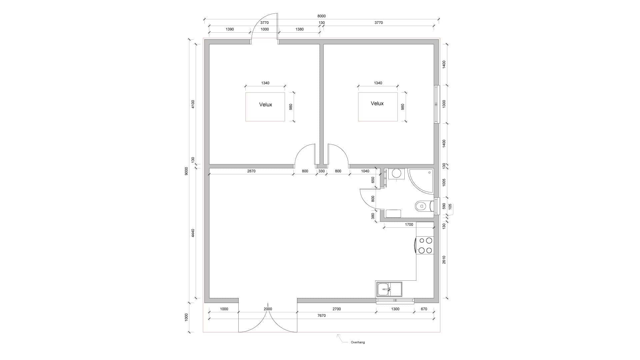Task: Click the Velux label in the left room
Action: pyautogui.click(x=266, y=105)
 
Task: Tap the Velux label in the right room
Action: pyautogui.click(x=377, y=103)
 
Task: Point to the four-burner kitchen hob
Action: pyautogui.click(x=425, y=245)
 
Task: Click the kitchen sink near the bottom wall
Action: pyautogui.click(x=389, y=289)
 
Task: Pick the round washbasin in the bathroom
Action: pyautogui.click(x=396, y=174)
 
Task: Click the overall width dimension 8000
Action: pyautogui.click(x=321, y=16)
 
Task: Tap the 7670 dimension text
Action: pyautogui.click(x=321, y=315)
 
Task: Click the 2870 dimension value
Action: pyautogui.click(x=251, y=171)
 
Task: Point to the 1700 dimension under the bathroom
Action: pyautogui.click(x=409, y=224)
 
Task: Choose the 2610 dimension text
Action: pyautogui.click(x=444, y=260)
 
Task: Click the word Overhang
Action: pyautogui.click(x=358, y=342)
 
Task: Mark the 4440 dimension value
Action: pyautogui.click(x=193, y=233)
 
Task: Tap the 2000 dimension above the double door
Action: pyautogui.click(x=268, y=309)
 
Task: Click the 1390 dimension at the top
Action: pyautogui.click(x=230, y=29)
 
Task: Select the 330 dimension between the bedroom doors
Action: pyautogui.click(x=321, y=171)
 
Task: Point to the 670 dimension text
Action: pyautogui.click(x=424, y=309)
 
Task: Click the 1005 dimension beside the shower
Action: pyautogui.click(x=444, y=182)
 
